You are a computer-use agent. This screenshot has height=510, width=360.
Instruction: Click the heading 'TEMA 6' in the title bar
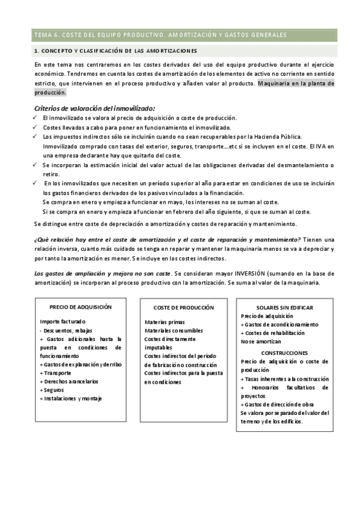(x=45, y=35)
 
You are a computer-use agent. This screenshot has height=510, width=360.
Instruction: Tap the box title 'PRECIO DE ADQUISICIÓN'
(x=81, y=307)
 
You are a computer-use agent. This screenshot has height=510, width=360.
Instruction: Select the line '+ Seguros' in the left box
(x=54, y=390)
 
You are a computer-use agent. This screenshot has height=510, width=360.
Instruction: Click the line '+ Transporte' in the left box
(x=58, y=373)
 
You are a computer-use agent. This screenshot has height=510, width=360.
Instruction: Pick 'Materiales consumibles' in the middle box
(x=174, y=331)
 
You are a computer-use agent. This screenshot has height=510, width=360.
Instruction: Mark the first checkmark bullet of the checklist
(x=36, y=118)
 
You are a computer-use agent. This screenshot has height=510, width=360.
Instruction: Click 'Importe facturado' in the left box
(x=63, y=322)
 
